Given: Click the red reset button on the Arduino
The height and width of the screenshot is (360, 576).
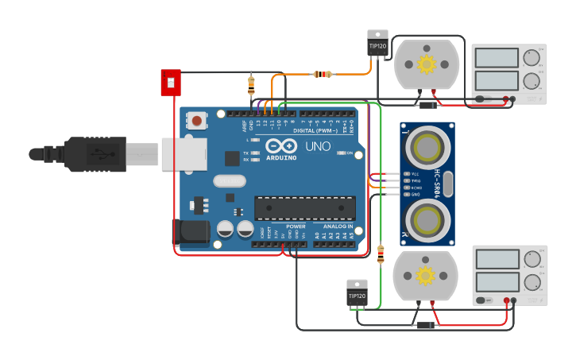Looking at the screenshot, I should click(196, 121).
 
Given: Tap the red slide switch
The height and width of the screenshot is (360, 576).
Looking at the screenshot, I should click(171, 82).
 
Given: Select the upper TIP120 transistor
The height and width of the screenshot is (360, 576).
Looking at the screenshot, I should click(377, 45).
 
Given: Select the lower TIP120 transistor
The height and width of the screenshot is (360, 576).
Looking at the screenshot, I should click(357, 293).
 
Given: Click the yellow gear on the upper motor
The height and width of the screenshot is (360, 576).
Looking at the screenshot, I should click(427, 64).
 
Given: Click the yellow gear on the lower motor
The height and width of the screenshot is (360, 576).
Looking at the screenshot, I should click(425, 276).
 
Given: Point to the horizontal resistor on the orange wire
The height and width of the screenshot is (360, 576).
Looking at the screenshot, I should click(322, 75).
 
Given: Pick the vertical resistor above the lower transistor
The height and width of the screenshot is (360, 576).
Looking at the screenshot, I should click(381, 254).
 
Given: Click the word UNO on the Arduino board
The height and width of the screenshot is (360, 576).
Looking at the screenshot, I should click(318, 147).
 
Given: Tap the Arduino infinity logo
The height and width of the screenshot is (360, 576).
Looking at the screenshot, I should click(281, 146).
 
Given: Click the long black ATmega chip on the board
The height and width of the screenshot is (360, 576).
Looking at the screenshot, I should click(304, 208).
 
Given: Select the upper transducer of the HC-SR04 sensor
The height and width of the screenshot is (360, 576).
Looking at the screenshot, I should click(427, 146).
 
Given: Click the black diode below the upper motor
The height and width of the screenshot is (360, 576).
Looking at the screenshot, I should click(428, 105).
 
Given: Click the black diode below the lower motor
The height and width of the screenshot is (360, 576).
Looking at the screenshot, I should click(425, 325).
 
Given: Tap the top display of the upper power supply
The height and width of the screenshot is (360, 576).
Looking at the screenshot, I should click(497, 58).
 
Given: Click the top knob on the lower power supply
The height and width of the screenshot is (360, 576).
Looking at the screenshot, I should click(531, 260).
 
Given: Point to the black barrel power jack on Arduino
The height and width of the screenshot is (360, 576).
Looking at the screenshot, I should click(191, 233).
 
